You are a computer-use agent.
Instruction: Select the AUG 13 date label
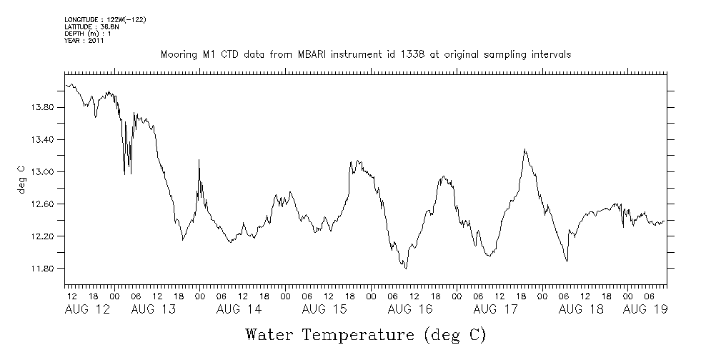coord(154,309)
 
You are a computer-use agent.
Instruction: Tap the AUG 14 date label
coord(239,309)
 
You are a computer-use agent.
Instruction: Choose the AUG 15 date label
coord(324,309)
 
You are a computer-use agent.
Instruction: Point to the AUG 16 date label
coord(410,309)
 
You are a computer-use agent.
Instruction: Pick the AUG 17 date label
coord(496,309)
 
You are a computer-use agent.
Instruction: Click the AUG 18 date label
coord(581,309)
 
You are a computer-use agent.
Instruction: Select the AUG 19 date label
coord(645,309)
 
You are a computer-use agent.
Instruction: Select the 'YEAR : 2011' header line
coord(85,41)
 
